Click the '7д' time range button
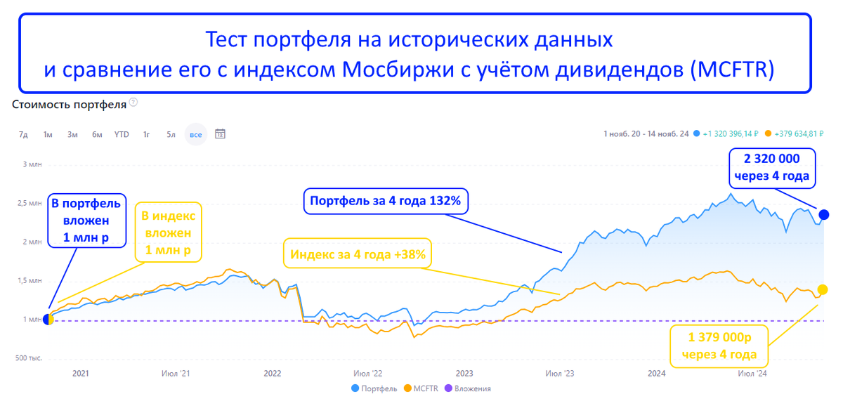click(23, 134)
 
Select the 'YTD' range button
click(122, 134)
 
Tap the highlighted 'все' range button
click(196, 134)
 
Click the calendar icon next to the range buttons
click(220, 133)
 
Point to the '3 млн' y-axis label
click(32, 164)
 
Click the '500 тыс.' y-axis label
click(30, 358)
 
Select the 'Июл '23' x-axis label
click(561, 374)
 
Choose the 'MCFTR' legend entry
click(423, 388)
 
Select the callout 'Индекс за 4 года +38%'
click(356, 254)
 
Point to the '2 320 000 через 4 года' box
click(771, 167)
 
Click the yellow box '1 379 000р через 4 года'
click(719, 346)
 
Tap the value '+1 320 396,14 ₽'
click(729, 133)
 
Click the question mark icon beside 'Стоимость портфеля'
click(133, 103)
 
